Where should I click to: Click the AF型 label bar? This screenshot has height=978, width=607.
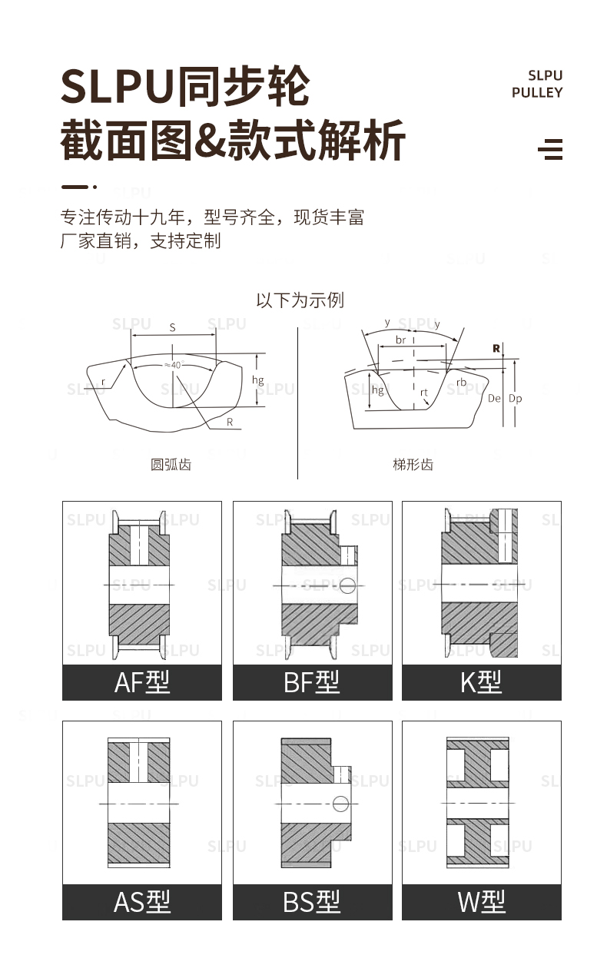pyautogui.click(x=142, y=681)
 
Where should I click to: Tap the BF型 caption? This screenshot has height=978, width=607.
pyautogui.click(x=312, y=681)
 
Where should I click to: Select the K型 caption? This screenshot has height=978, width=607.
pyautogui.click(x=481, y=681)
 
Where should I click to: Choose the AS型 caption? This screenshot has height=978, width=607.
pyautogui.click(x=142, y=901)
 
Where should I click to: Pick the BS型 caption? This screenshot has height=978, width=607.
pyautogui.click(x=312, y=901)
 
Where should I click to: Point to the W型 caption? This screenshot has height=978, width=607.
pyautogui.click(x=481, y=901)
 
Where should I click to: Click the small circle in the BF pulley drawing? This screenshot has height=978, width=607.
pyautogui.click(x=347, y=585)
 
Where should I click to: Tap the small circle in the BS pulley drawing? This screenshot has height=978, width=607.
pyautogui.click(x=341, y=804)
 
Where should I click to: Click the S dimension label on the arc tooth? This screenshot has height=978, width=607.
pyautogui.click(x=172, y=328)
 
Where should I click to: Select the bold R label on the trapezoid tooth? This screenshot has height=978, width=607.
pyautogui.click(x=496, y=348)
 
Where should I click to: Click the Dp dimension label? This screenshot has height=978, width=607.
pyautogui.click(x=516, y=399)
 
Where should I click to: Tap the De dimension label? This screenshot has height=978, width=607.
pyautogui.click(x=494, y=399)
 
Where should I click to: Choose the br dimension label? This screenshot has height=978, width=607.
pyautogui.click(x=400, y=339)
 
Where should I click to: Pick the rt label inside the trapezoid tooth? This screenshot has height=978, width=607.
pyautogui.click(x=424, y=392)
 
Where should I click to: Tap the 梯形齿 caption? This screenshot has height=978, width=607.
pyautogui.click(x=413, y=464)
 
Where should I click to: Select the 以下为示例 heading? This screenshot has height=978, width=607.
pyautogui.click(x=300, y=300)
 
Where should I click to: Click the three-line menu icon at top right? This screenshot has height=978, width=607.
pyautogui.click(x=550, y=149)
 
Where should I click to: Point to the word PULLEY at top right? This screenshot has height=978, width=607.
pyautogui.click(x=537, y=93)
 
